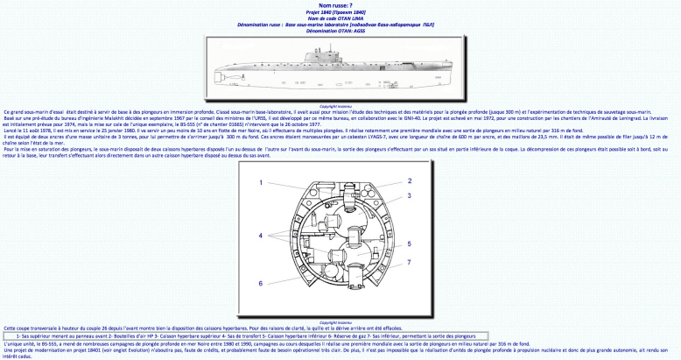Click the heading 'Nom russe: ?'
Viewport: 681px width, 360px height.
point(340,4)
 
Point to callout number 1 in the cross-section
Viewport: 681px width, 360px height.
point(262,182)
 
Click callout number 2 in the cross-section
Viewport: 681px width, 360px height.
point(409,180)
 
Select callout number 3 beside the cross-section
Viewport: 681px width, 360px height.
point(409,194)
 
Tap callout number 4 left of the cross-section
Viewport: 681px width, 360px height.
point(261,236)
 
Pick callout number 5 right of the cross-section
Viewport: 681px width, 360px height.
point(409,244)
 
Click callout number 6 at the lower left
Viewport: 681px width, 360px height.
point(261,283)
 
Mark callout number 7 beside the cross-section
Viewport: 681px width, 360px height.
point(409,262)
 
